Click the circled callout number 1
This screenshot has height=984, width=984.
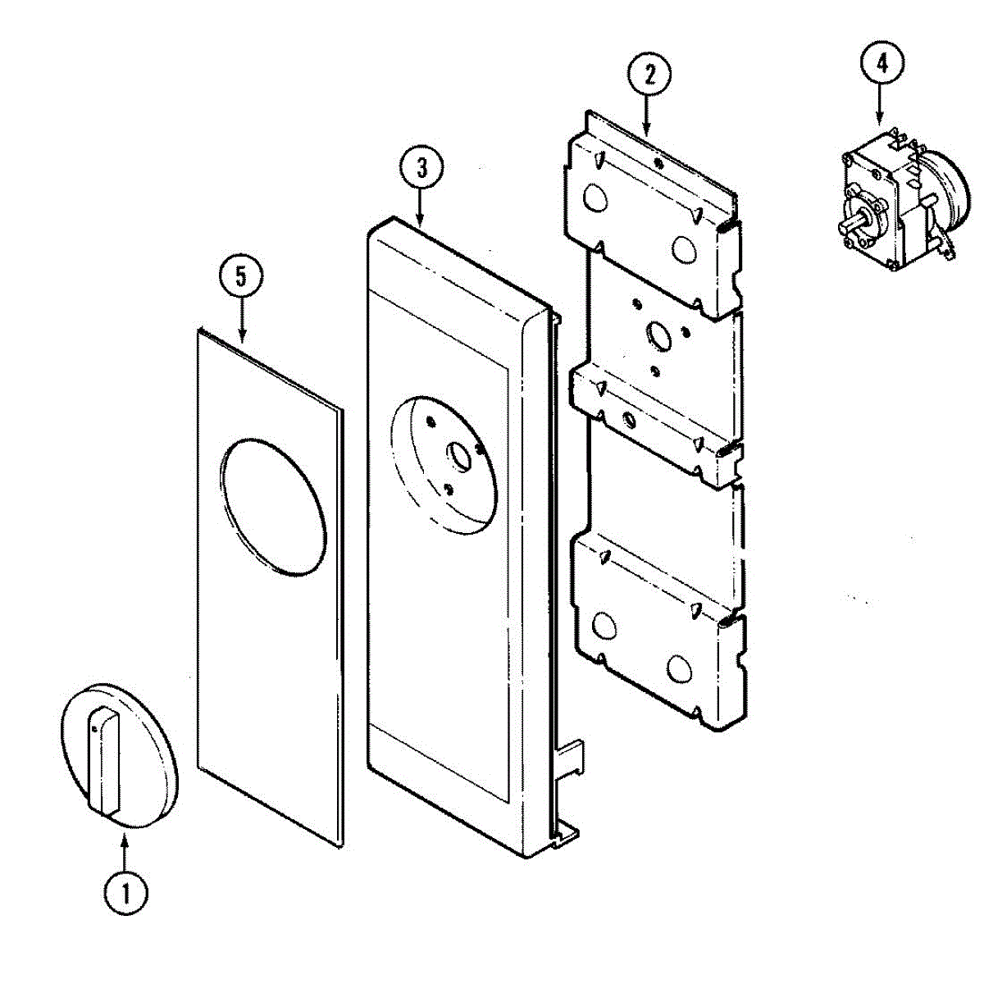pos(125,893)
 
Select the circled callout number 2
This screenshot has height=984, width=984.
pos(649,75)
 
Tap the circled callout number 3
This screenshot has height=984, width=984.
pos(421,168)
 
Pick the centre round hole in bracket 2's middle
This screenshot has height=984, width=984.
pos(658,335)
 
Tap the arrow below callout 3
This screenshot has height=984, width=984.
pos(421,208)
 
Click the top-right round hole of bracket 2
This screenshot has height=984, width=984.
pos(682,248)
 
